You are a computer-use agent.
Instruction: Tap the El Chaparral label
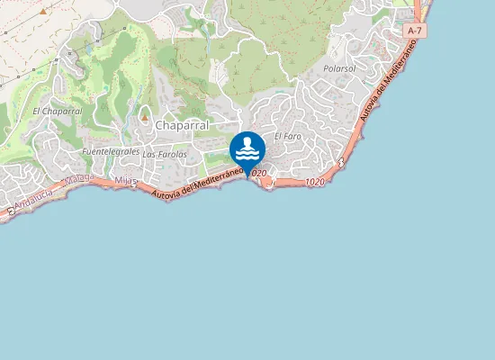57,111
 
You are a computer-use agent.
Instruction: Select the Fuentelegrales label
111,151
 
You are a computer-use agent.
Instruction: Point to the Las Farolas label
165,154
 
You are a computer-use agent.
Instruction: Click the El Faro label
287,136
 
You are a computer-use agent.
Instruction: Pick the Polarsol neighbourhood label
339,68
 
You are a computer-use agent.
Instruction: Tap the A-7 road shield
415,31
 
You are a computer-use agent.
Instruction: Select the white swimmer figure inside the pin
247,142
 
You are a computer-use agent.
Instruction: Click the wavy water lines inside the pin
247,154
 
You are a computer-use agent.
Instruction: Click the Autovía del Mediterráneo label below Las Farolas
198,183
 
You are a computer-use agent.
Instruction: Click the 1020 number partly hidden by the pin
258,173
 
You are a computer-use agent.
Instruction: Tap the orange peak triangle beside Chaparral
143,117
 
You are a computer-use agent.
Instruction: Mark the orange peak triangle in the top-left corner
42,12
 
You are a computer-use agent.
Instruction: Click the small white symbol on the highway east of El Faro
343,162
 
